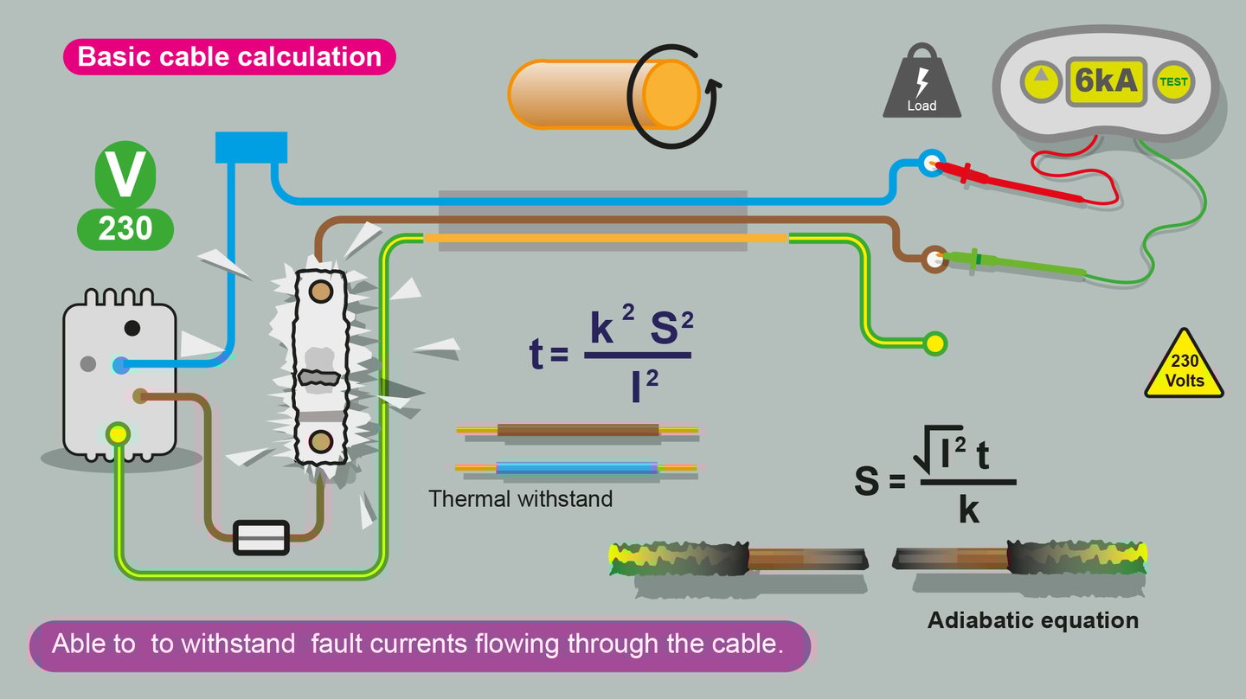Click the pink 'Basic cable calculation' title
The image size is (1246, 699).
coord(229,57)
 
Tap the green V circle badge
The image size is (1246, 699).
coord(125,173)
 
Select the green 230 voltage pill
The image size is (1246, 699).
coord(125,229)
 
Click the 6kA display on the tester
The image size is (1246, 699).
coord(1105,82)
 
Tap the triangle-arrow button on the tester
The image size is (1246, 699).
coord(1041,82)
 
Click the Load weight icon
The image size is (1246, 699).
coord(922,82)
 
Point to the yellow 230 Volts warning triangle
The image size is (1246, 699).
coord(1184,369)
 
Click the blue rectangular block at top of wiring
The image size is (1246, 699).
coord(251,147)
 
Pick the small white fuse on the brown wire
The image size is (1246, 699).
coord(261,537)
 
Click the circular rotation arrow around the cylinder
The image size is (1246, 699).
coord(674,95)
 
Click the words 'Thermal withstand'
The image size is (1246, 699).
coord(521,499)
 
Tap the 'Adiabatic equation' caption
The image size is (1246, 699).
coord(1033,620)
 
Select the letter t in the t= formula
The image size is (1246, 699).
coord(536,355)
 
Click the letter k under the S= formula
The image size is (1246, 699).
coord(969,511)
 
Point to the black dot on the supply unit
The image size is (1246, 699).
coord(132,328)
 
